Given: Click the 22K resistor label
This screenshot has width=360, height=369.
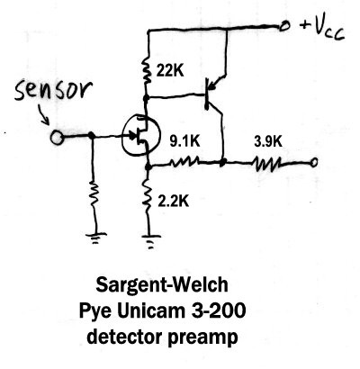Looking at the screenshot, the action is pyautogui.click(x=170, y=71).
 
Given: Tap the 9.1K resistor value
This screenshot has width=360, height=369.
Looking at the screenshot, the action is pyautogui.click(x=184, y=141).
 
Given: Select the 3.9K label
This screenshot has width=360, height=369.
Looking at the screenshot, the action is pyautogui.click(x=268, y=141).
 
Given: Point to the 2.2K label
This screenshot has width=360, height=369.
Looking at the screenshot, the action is pyautogui.click(x=174, y=202).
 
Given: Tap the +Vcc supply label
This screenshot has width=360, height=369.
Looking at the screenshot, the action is pyautogui.click(x=321, y=29).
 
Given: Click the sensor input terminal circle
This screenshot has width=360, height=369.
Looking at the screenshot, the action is pyautogui.click(x=57, y=138).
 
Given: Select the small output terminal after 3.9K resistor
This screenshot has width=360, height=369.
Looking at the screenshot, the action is pyautogui.click(x=314, y=163).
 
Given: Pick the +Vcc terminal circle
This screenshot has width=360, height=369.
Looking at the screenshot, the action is pyautogui.click(x=283, y=27).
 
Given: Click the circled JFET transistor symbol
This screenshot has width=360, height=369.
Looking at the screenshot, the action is pyautogui.click(x=140, y=135).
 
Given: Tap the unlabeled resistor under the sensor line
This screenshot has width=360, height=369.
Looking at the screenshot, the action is pyautogui.click(x=94, y=194).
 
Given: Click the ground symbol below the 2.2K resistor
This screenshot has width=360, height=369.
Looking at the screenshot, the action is pyautogui.click(x=151, y=241).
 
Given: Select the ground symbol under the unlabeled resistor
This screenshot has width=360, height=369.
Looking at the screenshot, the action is pyautogui.click(x=95, y=238).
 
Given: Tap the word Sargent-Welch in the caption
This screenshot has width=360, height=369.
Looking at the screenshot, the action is pyautogui.click(x=162, y=285).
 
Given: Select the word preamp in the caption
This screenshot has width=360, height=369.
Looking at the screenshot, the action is pyautogui.click(x=202, y=337).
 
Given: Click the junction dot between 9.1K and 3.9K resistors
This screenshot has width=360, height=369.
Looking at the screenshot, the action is pyautogui.click(x=222, y=163).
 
